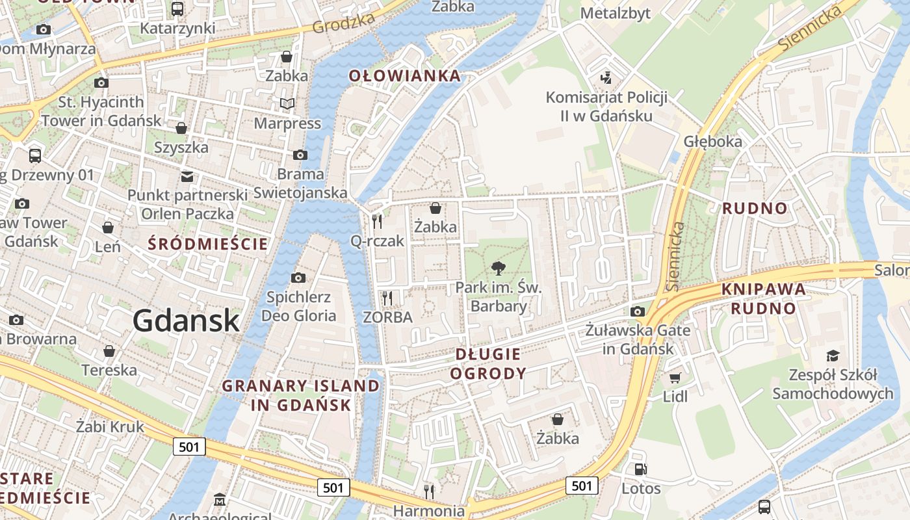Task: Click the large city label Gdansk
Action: point(187,320)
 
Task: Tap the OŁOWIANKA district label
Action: point(405,76)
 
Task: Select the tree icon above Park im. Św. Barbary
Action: point(499,268)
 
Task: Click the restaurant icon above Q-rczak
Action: point(377,222)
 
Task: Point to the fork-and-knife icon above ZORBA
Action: point(387,298)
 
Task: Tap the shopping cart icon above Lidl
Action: point(675,378)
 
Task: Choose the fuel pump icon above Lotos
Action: point(640,469)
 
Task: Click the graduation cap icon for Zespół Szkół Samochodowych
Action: point(833,356)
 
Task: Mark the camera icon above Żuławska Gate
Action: point(638,311)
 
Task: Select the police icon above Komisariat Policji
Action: point(606,78)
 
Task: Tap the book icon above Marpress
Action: point(287,103)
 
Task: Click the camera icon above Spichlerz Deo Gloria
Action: point(298,278)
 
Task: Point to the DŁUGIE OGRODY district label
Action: point(488,363)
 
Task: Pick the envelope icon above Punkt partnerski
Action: point(187,176)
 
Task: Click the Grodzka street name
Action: point(344,23)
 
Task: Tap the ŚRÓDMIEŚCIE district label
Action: point(208,244)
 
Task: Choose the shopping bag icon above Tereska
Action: point(109,352)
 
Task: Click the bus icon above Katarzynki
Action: point(177,9)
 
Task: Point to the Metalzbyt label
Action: point(615,13)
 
